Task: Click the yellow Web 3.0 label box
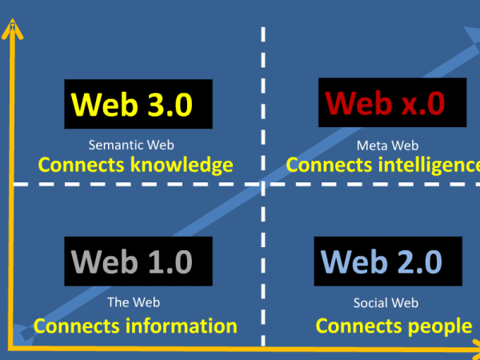[x=138, y=104]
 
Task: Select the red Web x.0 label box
[x=393, y=102]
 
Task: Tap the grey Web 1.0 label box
[x=138, y=262]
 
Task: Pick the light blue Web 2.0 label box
[x=388, y=262]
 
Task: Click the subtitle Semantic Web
[x=131, y=145]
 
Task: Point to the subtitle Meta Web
[x=387, y=146]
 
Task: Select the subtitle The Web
[x=134, y=302]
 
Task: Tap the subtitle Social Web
[x=386, y=303]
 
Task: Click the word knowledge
[x=182, y=166]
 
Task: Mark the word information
[x=182, y=326]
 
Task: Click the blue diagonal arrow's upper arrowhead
[x=472, y=38]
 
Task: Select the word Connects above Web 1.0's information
[x=79, y=326]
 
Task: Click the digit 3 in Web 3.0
[x=156, y=104]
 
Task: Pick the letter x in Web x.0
[x=410, y=106]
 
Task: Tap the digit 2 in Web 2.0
[x=406, y=262]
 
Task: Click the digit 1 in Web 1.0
[x=156, y=262]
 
